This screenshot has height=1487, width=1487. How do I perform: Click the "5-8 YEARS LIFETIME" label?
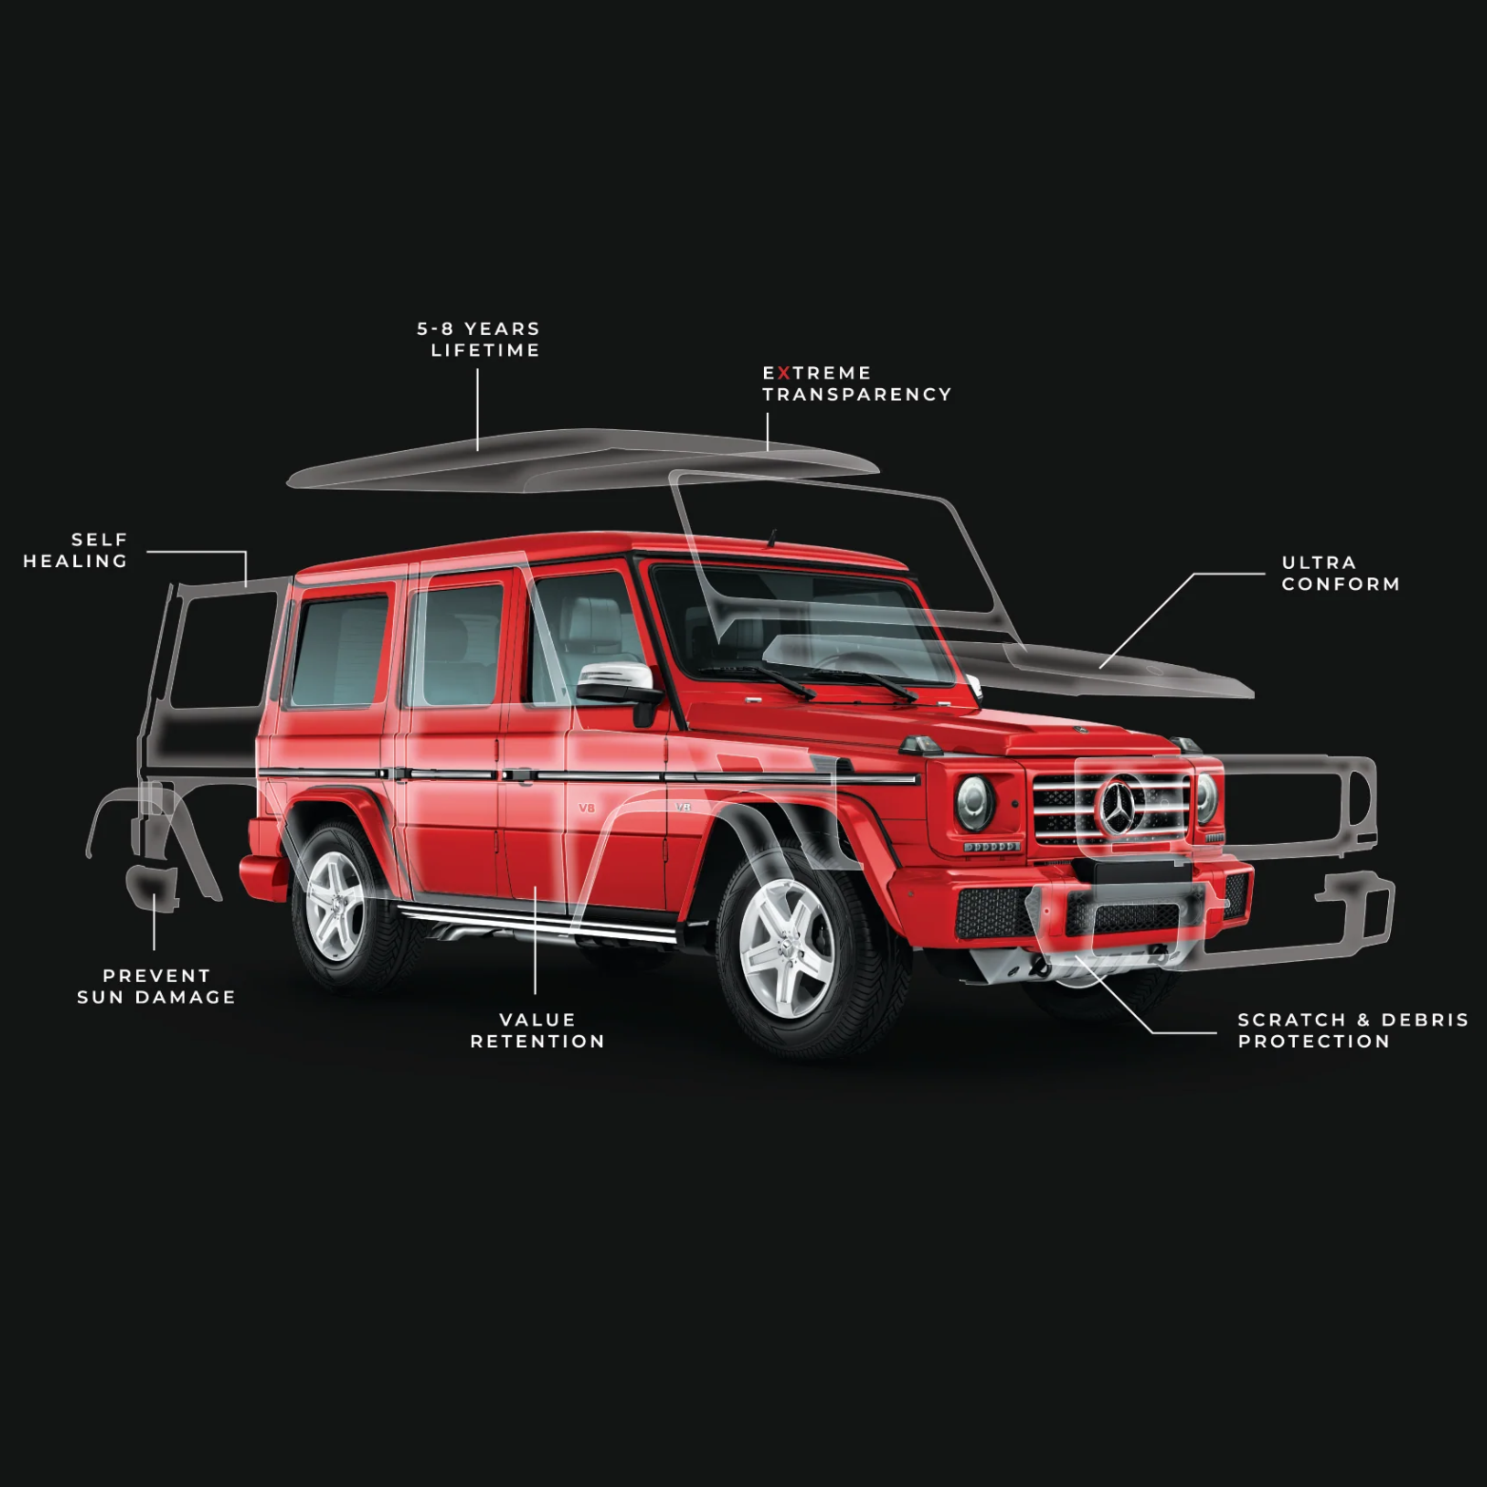pos(479,340)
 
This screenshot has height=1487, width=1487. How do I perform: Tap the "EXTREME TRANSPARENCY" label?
pos(856,383)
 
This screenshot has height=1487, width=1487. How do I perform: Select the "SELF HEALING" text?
pos(76,551)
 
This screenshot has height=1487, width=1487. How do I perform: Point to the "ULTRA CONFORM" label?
pos(1340,574)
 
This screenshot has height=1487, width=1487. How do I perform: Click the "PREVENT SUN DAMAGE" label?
pos(156,987)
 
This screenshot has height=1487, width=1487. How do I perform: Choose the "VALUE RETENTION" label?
pos(538,1030)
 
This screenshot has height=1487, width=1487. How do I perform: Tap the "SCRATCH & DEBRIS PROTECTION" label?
pos(1352,1030)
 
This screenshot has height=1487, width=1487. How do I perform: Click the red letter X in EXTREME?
pos(784,373)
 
